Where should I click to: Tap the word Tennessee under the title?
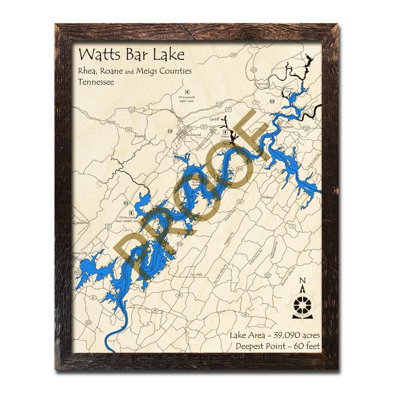pyautogui.click(x=96, y=82)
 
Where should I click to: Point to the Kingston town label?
pyautogui.click(x=286, y=127)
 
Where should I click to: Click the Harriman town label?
pyautogui.click(x=262, y=84)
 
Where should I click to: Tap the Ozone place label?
pyautogui.click(x=110, y=122)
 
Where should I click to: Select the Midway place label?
pyautogui.click(x=267, y=197)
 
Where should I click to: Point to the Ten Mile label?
pyautogui.click(x=195, y=274)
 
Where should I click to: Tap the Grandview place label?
pyautogui.click(x=80, y=222)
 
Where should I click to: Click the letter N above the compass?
pyautogui.click(x=302, y=280)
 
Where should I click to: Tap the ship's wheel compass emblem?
pyautogui.click(x=302, y=304)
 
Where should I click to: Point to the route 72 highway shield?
pyautogui.click(x=292, y=226)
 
